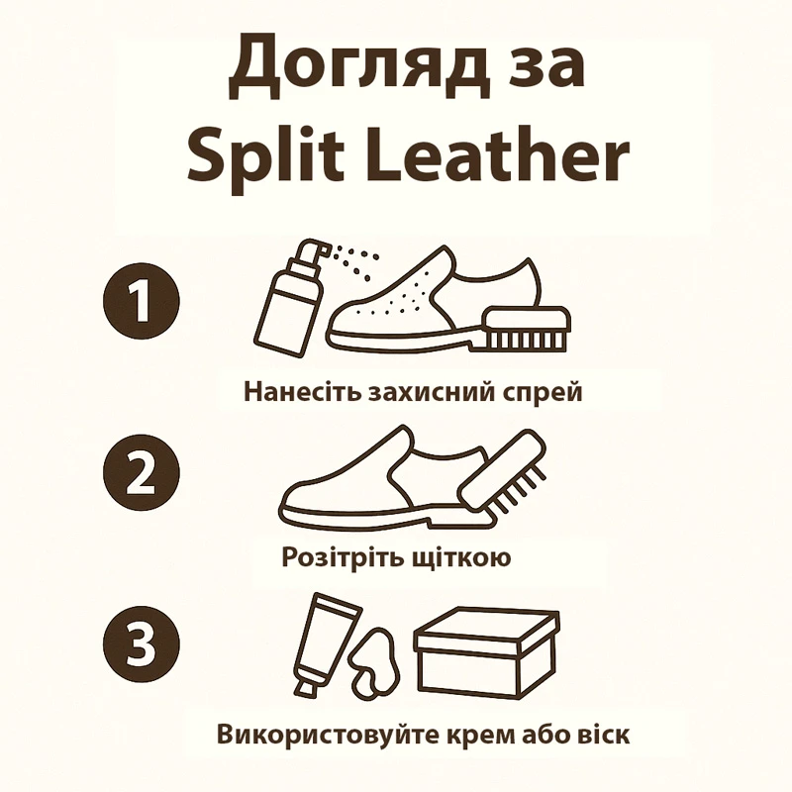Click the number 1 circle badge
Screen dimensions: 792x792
[x=141, y=301]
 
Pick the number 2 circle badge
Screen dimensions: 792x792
[x=141, y=473]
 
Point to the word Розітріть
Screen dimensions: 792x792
[x=340, y=558]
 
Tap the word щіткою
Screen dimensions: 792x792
[x=460, y=558]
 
